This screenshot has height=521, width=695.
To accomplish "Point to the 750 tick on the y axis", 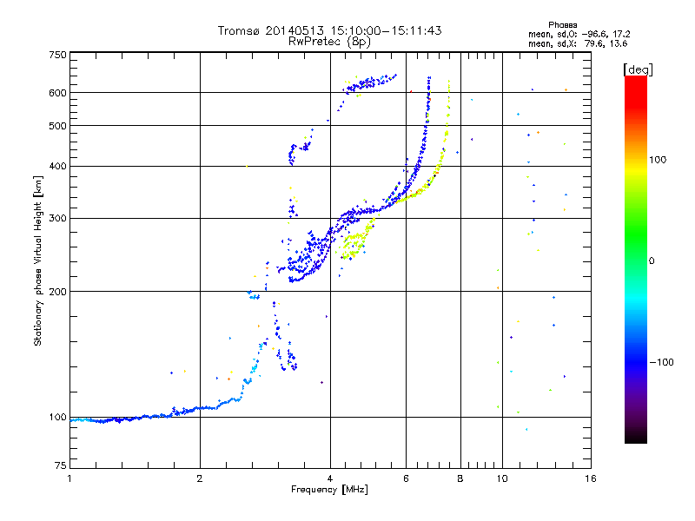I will [57, 56].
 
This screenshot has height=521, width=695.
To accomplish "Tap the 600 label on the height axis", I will [57, 93].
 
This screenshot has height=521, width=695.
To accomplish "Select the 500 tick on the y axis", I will [57, 126].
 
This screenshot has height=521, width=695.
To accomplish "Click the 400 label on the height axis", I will [57, 166].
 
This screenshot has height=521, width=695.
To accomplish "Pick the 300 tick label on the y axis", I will [57, 218].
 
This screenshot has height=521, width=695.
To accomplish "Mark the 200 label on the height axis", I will [57, 292].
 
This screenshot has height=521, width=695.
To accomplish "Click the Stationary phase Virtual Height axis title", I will [38, 260].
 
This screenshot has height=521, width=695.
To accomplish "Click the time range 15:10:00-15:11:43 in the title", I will [377, 30].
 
